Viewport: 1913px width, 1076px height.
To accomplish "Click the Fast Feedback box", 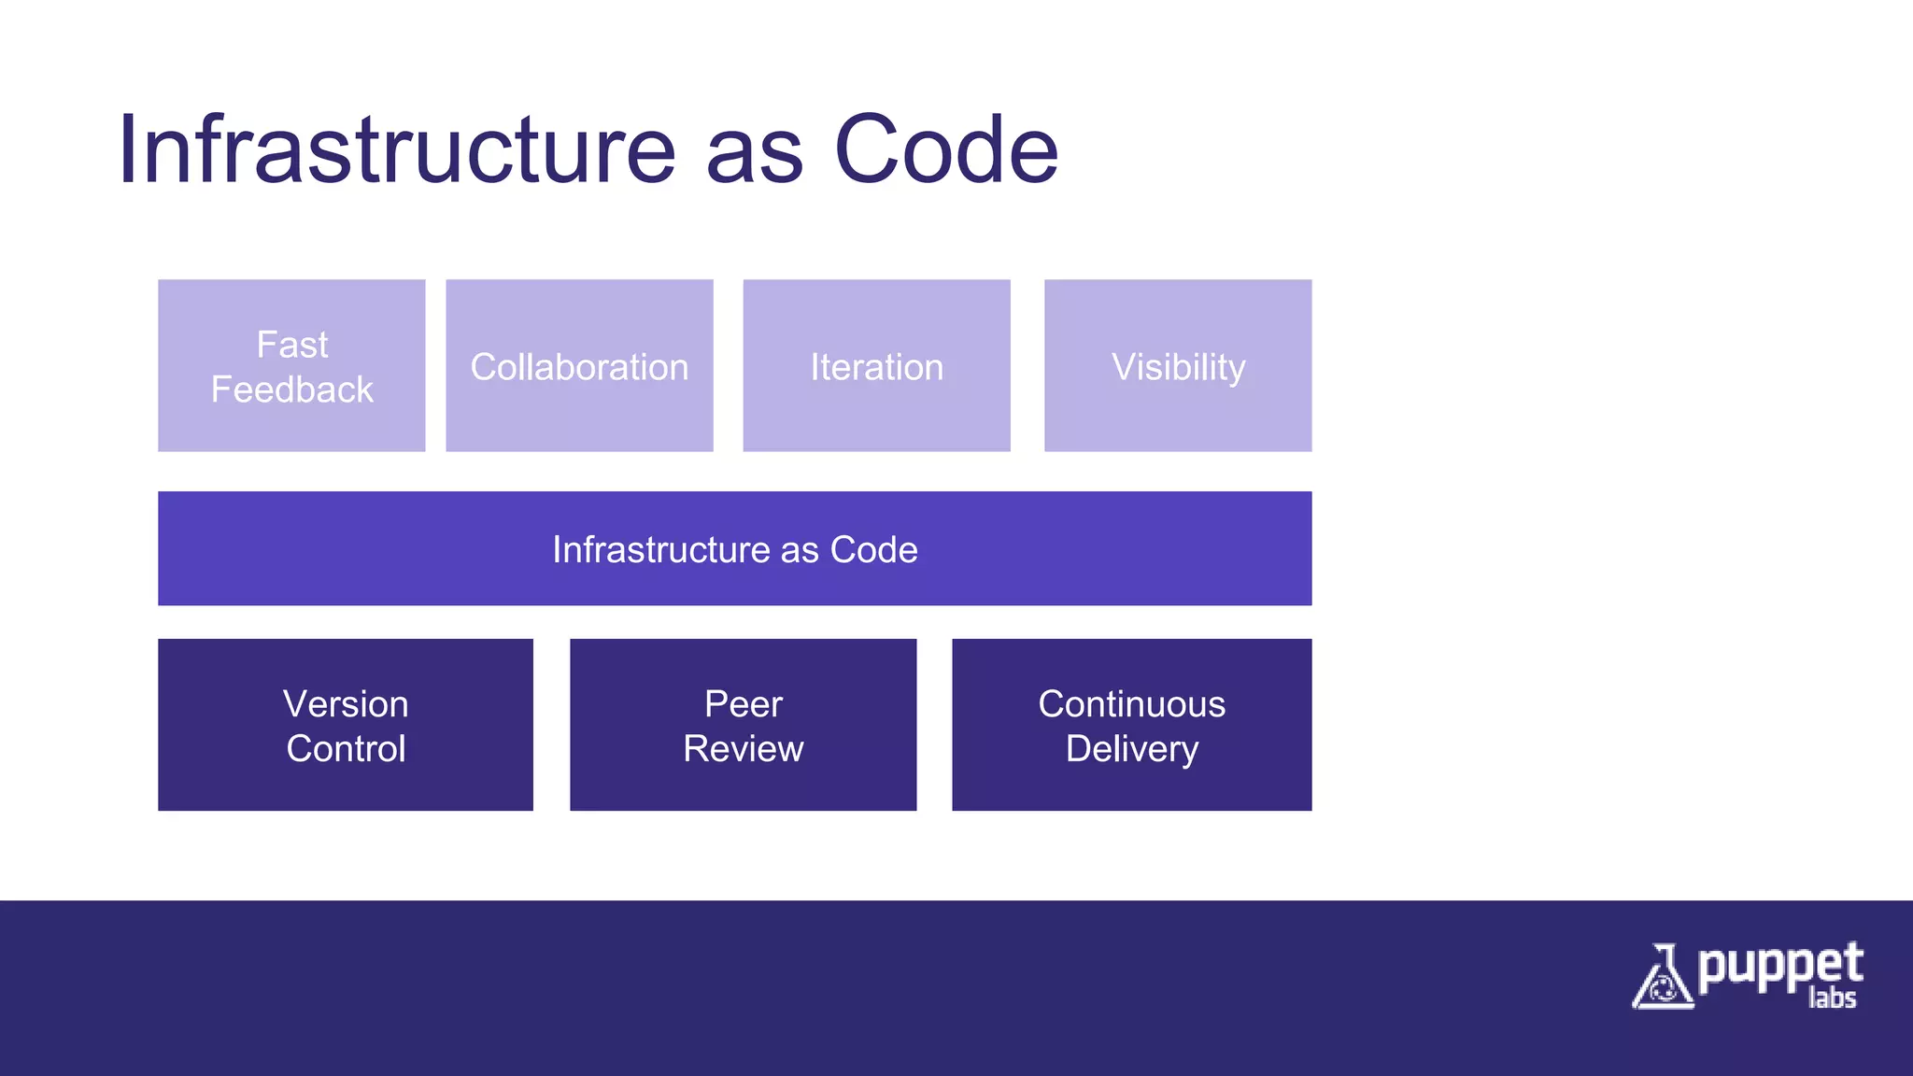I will point(291,365).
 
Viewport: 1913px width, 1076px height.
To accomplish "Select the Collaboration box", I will point(579,365).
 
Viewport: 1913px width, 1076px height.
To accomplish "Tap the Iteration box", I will point(876,365).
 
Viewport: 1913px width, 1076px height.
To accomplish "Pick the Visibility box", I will point(1178,365).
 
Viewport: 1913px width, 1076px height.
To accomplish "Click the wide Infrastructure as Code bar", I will point(734,548).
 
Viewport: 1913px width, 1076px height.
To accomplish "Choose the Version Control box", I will point(346,725).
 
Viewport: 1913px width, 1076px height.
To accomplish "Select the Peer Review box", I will point(743,725).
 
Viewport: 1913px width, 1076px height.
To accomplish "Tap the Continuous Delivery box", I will point(1131,725).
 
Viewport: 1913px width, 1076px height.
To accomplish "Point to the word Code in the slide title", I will point(945,149).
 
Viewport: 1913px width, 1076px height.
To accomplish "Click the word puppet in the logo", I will point(1779,967).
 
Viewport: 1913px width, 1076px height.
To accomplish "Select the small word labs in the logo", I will point(1832,998).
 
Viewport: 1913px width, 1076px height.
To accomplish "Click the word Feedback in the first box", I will point(291,389).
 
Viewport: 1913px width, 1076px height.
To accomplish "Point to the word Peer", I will point(743,703).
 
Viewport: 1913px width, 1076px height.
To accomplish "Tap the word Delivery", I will point(1131,749).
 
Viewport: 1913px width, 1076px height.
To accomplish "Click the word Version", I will point(346,703).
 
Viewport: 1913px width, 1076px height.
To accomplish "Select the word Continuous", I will point(1131,703).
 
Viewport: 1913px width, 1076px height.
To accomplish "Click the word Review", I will point(743,749).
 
